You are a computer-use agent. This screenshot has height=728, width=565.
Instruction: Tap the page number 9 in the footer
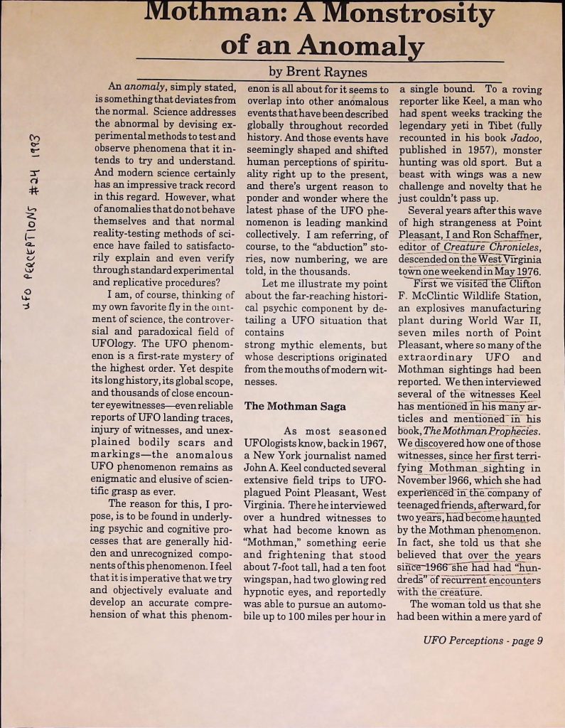tap(539, 640)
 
